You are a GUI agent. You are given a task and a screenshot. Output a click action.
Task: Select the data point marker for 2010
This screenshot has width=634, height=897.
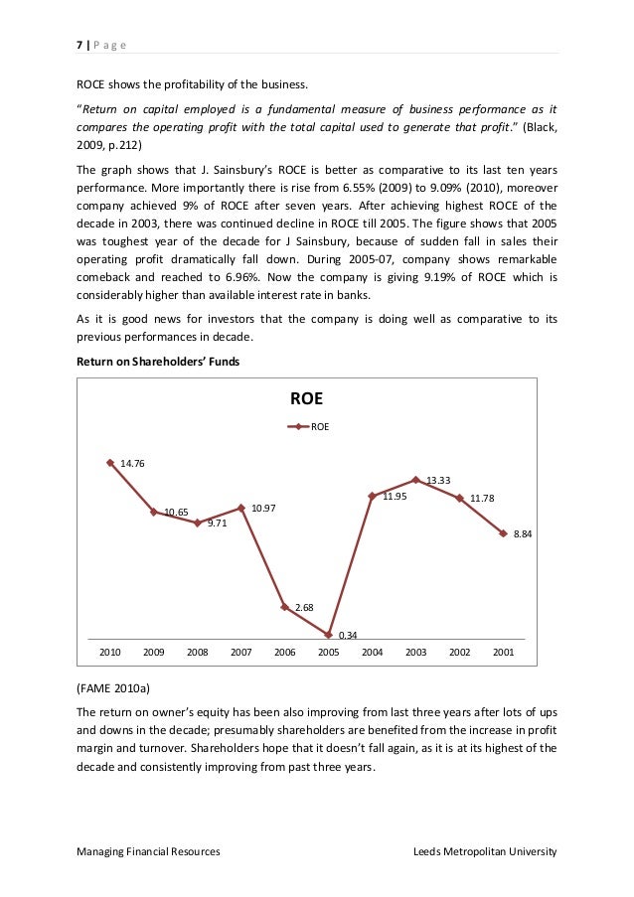point(109,462)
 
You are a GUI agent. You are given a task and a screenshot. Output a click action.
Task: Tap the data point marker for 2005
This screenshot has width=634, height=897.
point(328,634)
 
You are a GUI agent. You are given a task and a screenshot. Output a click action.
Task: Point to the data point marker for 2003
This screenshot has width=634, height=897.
point(416,480)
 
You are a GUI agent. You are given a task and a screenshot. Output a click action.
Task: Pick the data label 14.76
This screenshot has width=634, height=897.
point(132,463)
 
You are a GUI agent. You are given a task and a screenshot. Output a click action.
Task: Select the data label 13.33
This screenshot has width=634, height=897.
point(438,480)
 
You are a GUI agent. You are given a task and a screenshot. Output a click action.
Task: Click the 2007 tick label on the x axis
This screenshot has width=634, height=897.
point(240,653)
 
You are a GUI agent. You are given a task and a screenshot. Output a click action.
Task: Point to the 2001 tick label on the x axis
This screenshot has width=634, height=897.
point(503,653)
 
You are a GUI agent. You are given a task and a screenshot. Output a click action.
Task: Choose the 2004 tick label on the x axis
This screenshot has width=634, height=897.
point(372,653)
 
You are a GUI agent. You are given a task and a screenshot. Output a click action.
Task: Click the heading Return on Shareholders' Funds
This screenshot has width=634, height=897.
point(159,363)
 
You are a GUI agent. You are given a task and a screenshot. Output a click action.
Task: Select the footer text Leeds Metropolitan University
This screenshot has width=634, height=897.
point(485,851)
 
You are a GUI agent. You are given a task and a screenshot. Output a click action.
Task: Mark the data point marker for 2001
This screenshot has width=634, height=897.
point(503,533)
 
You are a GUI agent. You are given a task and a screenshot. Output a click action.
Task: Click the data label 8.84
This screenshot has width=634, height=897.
point(523,534)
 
